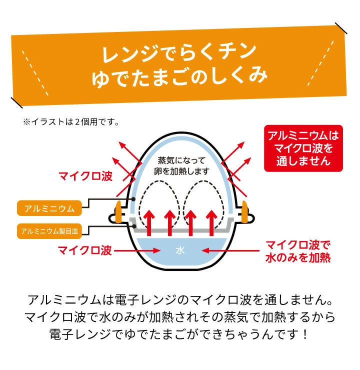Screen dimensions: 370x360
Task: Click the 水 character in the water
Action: point(179,251)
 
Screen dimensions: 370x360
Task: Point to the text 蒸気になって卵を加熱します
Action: point(180,166)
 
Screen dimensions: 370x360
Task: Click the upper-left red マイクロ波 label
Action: point(85,176)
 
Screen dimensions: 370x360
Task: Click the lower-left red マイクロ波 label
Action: point(85,250)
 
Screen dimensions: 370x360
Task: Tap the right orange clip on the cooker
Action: point(245,212)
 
